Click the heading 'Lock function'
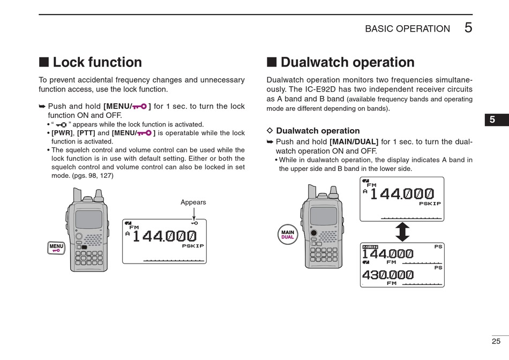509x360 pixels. tap(97, 63)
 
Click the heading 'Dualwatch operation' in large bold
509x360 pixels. tap(347, 63)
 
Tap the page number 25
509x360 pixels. tap(496, 341)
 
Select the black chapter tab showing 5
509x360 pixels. tap(492, 121)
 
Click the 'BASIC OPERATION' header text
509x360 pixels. tap(407, 29)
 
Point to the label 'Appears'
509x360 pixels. tap(193, 202)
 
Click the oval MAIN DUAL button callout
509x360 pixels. tap(288, 234)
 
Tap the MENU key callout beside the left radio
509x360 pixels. tap(56, 247)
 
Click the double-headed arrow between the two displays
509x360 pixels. tap(402, 232)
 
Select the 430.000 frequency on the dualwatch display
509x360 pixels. tap(388, 275)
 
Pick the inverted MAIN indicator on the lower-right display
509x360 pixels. tap(370, 247)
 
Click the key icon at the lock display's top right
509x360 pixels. tap(194, 223)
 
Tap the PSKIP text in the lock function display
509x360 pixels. tap(193, 246)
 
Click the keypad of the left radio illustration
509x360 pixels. tap(89, 257)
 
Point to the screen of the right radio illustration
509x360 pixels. tap(324, 215)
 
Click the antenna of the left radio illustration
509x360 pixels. tap(77, 195)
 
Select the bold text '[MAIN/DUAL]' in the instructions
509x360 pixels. tap(354, 142)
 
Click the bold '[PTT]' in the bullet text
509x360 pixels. tap(86, 133)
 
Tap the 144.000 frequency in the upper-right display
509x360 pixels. tap(402, 193)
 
